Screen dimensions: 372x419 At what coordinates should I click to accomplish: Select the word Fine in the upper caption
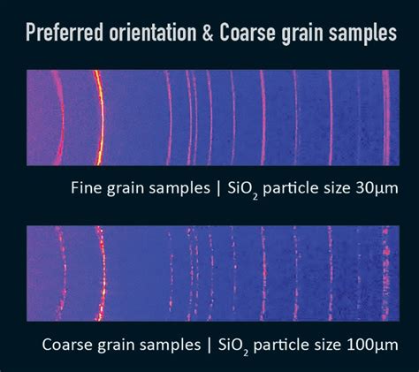click(x=88, y=187)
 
